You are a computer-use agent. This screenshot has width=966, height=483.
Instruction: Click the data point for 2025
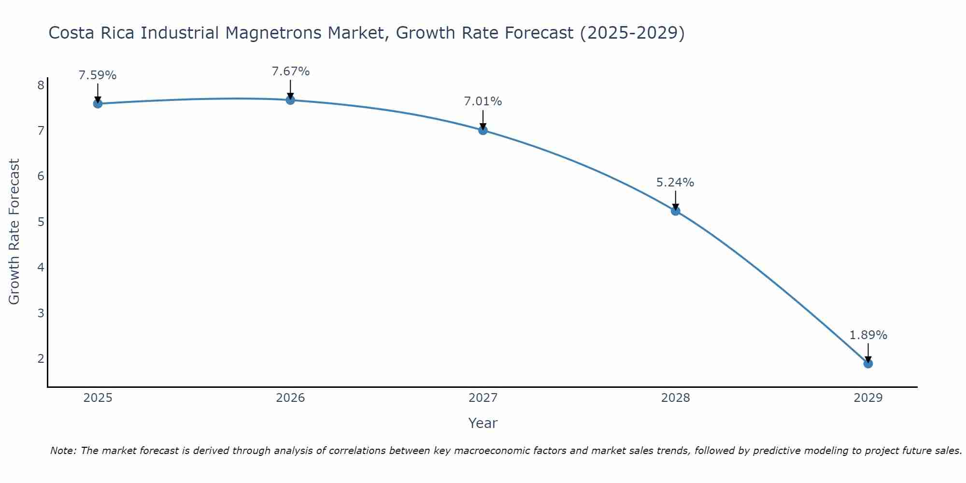pyautogui.click(x=98, y=103)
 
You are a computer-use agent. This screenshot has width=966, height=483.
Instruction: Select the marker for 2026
pyautogui.click(x=290, y=100)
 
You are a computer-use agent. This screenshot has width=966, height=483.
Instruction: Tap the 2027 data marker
pyautogui.click(x=483, y=130)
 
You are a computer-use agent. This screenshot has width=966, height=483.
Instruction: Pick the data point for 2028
pyautogui.click(x=675, y=211)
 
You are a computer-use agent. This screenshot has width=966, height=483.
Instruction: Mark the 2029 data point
pyautogui.click(x=868, y=363)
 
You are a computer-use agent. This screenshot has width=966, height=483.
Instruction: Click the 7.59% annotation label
pyautogui.click(x=98, y=75)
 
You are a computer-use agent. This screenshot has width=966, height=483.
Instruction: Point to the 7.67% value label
pyautogui.click(x=290, y=71)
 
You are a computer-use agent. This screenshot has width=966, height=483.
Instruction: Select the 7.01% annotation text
pyautogui.click(x=483, y=101)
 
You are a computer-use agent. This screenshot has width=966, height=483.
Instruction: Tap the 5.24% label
pyautogui.click(x=675, y=183)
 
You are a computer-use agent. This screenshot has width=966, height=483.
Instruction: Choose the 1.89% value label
pyautogui.click(x=868, y=335)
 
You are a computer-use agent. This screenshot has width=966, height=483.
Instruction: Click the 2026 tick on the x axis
pyautogui.click(x=290, y=398)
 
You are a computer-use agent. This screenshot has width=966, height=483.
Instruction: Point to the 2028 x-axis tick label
pyautogui.click(x=675, y=398)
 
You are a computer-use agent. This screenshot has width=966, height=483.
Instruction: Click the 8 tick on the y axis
pyautogui.click(x=41, y=85)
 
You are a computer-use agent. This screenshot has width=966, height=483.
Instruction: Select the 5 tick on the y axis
pyautogui.click(x=41, y=222)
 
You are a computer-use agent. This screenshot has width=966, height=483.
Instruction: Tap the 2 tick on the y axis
pyautogui.click(x=41, y=358)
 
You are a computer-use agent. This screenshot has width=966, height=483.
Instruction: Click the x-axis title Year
pyautogui.click(x=483, y=423)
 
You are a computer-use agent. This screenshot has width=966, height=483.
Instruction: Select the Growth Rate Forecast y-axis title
pyautogui.click(x=14, y=232)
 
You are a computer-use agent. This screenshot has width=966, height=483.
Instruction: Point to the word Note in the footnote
pyautogui.click(x=63, y=451)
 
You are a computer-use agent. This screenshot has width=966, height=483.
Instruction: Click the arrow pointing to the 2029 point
pyautogui.click(x=868, y=353)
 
